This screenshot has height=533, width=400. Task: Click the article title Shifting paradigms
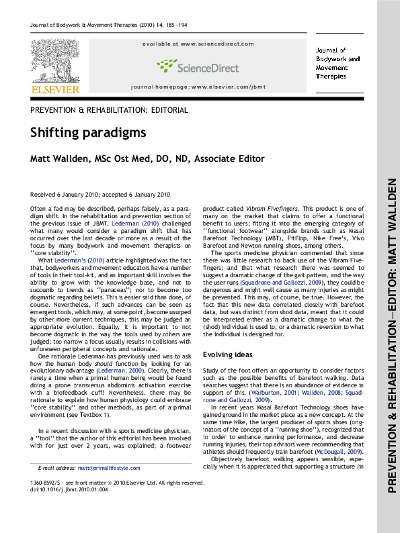click(x=87, y=132)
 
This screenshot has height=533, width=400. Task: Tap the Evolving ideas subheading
click(x=227, y=354)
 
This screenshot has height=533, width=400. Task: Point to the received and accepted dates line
click(x=99, y=194)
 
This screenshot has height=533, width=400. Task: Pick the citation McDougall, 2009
click(x=339, y=452)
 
